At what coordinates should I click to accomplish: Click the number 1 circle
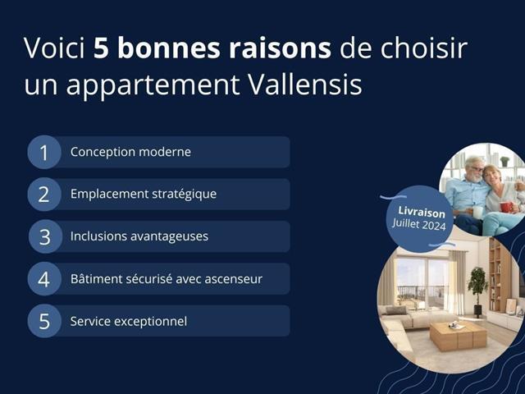pos(44,152)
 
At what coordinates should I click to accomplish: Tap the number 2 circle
pos(44,195)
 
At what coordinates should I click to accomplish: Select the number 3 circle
pos(45,236)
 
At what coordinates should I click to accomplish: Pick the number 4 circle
pos(44,279)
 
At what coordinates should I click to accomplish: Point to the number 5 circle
pos(44,321)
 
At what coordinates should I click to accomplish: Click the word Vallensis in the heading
pos(305,84)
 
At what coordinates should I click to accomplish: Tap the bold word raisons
pos(280,48)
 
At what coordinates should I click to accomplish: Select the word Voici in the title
pos(54,48)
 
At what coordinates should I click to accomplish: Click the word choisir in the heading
pos(423,48)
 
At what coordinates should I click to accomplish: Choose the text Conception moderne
pos(130,152)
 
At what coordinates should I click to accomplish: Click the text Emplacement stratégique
pos(144,194)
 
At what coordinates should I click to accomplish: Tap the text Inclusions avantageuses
pos(139,236)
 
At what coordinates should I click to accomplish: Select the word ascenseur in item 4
pos(233,279)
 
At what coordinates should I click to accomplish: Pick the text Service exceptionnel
pos(129,321)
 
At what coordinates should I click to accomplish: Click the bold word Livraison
pos(422,213)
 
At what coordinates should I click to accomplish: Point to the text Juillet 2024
pos(419,224)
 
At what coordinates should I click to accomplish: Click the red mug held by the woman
pos(506,207)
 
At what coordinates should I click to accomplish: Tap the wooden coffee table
pos(458,336)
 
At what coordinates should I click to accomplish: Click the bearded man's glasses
pos(477,168)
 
